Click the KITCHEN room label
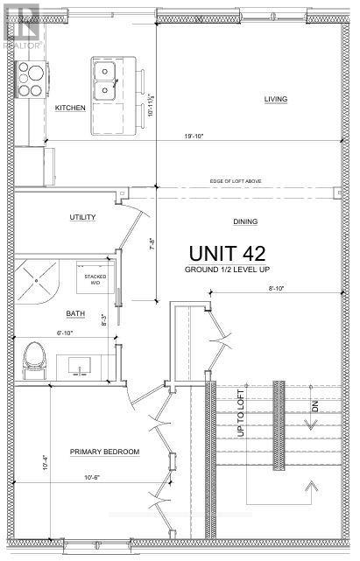[69, 108]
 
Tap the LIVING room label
[276, 99]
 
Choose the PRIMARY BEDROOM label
[104, 452]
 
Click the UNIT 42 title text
[228, 252]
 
